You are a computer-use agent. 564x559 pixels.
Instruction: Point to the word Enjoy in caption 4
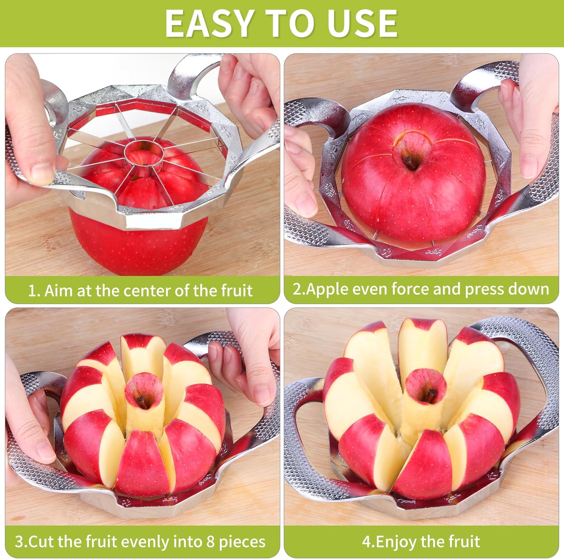click(397, 542)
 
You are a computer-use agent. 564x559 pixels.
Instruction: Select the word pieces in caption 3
click(242, 542)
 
